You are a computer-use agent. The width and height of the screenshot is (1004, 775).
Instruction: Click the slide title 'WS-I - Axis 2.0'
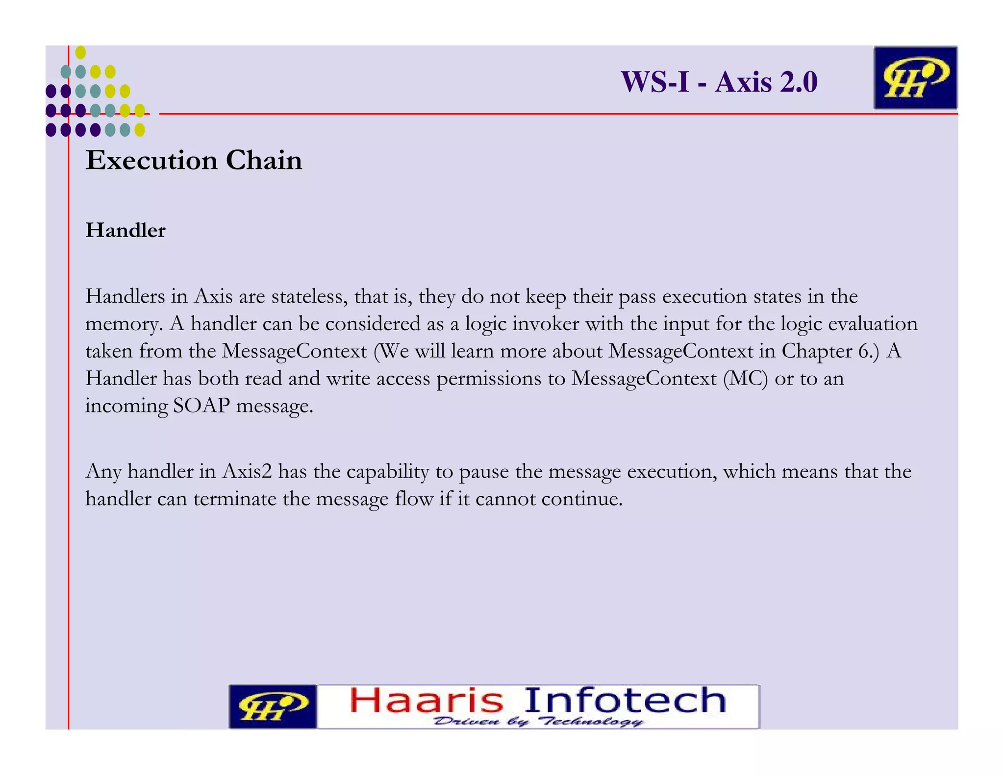tap(719, 82)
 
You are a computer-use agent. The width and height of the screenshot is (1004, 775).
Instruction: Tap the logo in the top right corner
tap(915, 78)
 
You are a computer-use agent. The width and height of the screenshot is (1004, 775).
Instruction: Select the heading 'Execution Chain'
tap(194, 160)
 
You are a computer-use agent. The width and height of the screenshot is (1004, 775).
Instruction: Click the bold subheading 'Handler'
tap(125, 230)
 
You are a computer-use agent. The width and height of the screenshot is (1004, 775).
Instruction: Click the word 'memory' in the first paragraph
tap(124, 324)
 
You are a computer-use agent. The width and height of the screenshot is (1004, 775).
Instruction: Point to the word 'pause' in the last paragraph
tap(484, 471)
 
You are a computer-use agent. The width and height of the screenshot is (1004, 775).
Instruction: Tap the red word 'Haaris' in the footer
tap(427, 701)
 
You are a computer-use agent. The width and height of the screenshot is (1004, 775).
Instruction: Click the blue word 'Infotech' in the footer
tap(625, 701)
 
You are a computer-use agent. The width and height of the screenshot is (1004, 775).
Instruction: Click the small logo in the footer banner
tap(273, 706)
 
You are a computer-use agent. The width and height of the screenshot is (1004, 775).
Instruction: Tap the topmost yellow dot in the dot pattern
tap(81, 52)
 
